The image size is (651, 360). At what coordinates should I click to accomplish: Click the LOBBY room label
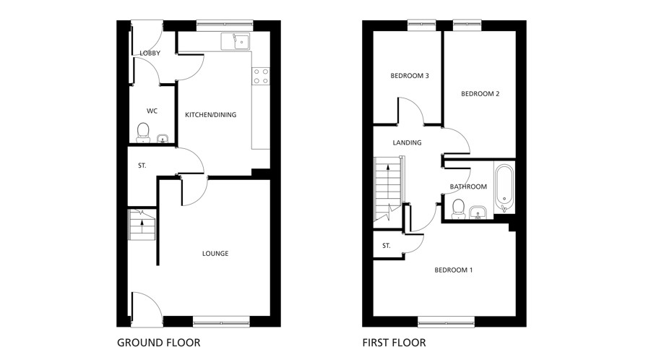tap(150, 53)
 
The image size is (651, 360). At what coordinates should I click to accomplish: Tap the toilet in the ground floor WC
tap(142, 132)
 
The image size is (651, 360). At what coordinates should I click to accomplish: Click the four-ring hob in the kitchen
tap(261, 76)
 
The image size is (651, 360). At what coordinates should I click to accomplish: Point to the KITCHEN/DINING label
tap(210, 115)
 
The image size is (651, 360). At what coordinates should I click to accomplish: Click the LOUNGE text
tap(215, 254)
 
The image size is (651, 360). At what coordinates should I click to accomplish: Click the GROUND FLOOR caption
tap(158, 343)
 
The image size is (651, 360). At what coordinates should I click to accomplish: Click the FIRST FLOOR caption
tap(394, 343)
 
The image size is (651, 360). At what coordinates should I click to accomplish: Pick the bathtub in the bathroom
tap(504, 187)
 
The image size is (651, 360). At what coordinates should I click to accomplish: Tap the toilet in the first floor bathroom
tap(457, 208)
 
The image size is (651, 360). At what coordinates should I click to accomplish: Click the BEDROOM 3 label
tap(410, 76)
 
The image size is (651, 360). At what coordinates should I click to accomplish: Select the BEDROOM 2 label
tap(480, 94)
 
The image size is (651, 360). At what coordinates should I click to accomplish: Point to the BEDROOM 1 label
tap(453, 270)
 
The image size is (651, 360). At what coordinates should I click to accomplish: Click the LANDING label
tap(407, 143)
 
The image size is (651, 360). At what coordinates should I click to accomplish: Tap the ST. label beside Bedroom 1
tap(386, 247)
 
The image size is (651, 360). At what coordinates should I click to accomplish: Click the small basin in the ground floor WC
tap(162, 138)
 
